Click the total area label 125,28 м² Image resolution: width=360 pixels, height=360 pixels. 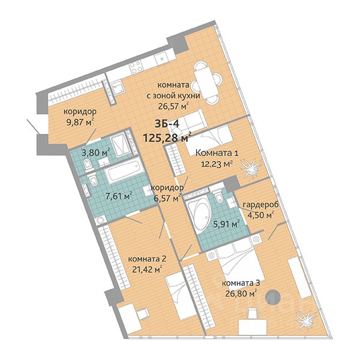click(167, 137)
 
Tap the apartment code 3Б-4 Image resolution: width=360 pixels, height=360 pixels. click(167, 124)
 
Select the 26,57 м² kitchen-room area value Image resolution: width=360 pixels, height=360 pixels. click(173, 106)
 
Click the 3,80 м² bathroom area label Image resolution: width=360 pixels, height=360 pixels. click(96, 152)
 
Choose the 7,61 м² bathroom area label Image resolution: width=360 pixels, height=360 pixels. click(119, 197)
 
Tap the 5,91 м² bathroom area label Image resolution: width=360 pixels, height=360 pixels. click(227, 224)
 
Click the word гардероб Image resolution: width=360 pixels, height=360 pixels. click(260, 205)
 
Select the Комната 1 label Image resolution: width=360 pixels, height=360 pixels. click(217, 153)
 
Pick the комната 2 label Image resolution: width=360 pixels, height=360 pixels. click(147, 259)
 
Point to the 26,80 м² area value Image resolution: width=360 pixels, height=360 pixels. click(241, 293)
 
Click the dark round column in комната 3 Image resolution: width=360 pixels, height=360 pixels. click(273, 298)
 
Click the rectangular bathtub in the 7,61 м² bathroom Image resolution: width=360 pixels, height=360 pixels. click(123, 171)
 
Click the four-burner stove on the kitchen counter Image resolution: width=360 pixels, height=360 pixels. click(136, 67)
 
